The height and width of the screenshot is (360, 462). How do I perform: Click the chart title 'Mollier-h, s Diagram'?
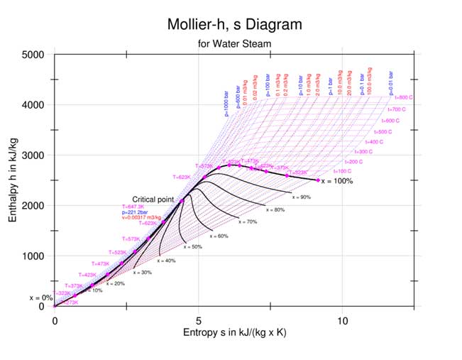click(x=234, y=24)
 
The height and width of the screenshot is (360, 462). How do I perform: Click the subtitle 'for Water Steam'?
click(x=234, y=44)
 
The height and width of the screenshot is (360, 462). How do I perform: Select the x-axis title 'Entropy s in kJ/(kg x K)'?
click(x=234, y=332)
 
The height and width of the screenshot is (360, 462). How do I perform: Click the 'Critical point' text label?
click(x=153, y=200)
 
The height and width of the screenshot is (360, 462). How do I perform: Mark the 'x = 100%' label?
click(x=337, y=181)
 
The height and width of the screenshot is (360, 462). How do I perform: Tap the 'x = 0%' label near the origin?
click(x=40, y=298)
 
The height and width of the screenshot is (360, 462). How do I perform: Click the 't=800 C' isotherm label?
click(x=404, y=97)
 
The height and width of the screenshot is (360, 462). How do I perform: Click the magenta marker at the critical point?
click(x=182, y=201)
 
